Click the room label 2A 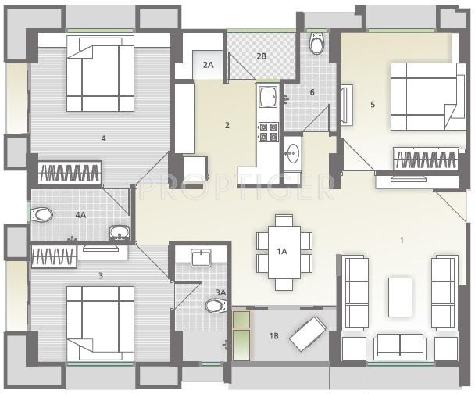[x=208, y=65]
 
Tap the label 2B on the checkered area [x=261, y=56]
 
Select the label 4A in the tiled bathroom [x=81, y=215]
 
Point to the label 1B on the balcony [x=274, y=336]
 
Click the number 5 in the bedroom [x=373, y=105]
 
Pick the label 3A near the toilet [x=220, y=292]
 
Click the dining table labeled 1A [x=284, y=253]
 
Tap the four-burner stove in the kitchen [x=269, y=132]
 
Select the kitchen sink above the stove [x=268, y=96]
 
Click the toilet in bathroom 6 [x=317, y=43]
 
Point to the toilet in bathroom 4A [x=42, y=215]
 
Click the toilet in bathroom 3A [x=216, y=306]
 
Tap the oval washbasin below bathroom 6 [x=292, y=152]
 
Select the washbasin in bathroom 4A [x=120, y=233]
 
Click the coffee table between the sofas [x=400, y=297]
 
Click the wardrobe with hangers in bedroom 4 [x=70, y=173]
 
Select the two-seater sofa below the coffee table [x=400, y=345]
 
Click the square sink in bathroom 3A [x=201, y=258]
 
